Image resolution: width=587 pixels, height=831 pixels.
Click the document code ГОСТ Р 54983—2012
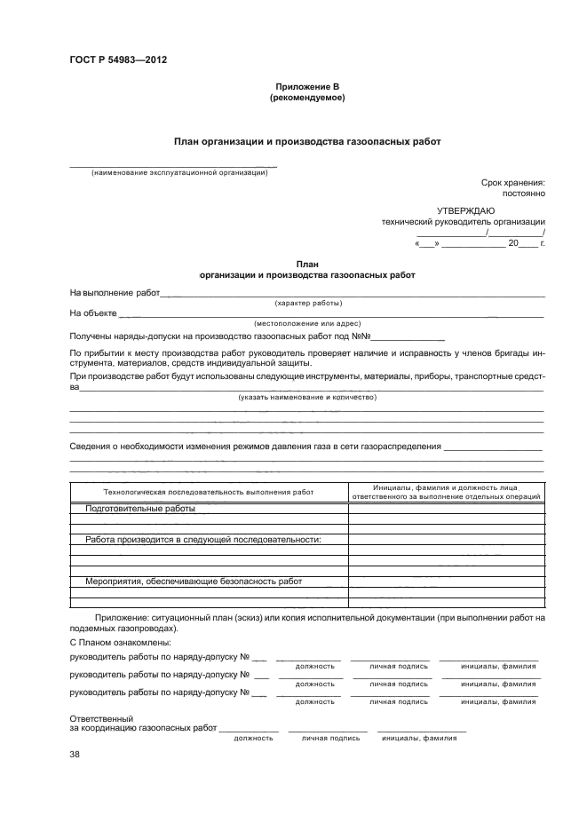[117, 60]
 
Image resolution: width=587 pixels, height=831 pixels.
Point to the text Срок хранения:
[513, 181]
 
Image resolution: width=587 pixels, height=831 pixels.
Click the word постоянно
[524, 192]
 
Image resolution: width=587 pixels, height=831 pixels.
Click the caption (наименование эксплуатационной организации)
[179, 172]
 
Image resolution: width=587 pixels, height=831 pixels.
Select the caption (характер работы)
[308, 304]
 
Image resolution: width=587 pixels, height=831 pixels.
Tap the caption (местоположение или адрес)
[307, 324]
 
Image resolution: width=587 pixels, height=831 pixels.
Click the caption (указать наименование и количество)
[307, 397]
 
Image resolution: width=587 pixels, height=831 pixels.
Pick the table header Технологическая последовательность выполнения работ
[209, 491]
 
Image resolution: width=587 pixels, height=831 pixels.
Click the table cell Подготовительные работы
[140, 509]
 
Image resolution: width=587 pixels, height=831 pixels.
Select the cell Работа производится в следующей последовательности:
[203, 539]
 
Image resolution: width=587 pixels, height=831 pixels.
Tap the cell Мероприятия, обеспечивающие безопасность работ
[194, 581]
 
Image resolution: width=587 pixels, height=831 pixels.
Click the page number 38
[75, 755]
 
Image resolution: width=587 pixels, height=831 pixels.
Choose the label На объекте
[93, 313]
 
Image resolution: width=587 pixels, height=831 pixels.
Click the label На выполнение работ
[115, 293]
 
